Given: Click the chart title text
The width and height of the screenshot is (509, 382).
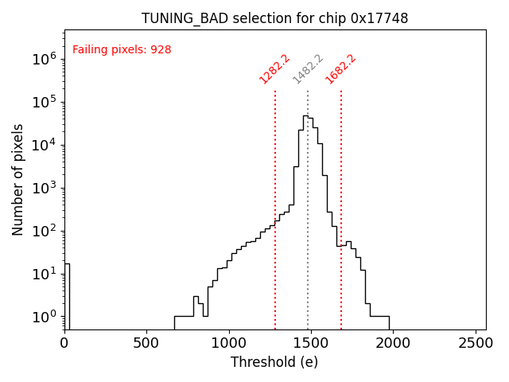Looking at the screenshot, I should pyautogui.click(x=274, y=18).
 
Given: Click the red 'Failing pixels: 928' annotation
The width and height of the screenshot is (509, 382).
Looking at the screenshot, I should pyautogui.click(x=122, y=50).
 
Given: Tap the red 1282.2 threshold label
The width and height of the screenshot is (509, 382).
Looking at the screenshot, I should pyautogui.click(x=274, y=69).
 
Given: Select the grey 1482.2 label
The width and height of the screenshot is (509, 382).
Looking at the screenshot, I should pyautogui.click(x=308, y=69).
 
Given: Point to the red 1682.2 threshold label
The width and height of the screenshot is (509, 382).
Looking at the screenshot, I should pyautogui.click(x=340, y=69).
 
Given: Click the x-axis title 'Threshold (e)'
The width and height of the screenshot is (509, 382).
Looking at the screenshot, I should pyautogui.click(x=274, y=362).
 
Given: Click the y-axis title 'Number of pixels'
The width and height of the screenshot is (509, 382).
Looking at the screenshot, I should pyautogui.click(x=17, y=179).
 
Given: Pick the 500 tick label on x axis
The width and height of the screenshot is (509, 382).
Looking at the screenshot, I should pyautogui.click(x=146, y=343).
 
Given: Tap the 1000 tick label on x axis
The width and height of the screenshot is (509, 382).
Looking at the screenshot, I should pyautogui.click(x=229, y=343).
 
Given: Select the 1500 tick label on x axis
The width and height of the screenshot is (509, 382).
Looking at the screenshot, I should pyautogui.click(x=311, y=343).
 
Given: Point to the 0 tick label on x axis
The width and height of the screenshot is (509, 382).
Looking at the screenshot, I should pyautogui.click(x=64, y=343).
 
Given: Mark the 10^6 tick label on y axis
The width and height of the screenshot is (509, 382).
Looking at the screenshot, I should pyautogui.click(x=44, y=59).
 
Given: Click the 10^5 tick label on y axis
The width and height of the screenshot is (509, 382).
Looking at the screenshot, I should pyautogui.click(x=44, y=102).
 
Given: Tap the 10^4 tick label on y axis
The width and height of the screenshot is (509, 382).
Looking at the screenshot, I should pyautogui.click(x=44, y=145).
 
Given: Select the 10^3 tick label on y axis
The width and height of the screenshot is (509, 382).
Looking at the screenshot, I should pyautogui.click(x=44, y=188).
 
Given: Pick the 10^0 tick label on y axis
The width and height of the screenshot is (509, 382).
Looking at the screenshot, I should pyautogui.click(x=44, y=317).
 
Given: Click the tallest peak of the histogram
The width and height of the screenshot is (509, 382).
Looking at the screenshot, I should pyautogui.click(x=305, y=116).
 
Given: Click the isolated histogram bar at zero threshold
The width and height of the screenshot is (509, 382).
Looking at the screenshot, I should pyautogui.click(x=67, y=294).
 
